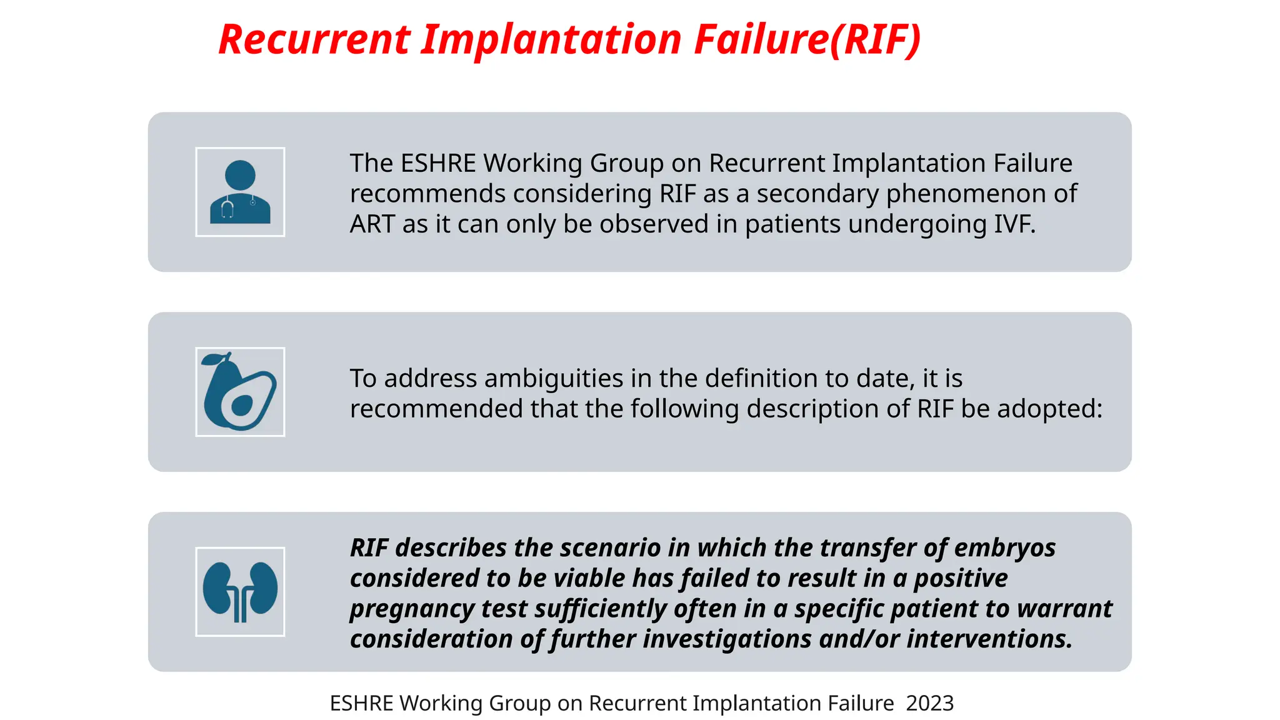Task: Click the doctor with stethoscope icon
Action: click(x=240, y=192)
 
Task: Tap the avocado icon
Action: click(x=240, y=392)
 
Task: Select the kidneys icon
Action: click(x=240, y=592)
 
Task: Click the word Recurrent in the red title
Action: click(x=314, y=39)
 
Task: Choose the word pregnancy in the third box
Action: click(x=411, y=609)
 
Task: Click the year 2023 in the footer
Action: click(x=929, y=704)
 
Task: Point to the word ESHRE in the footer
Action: click(x=361, y=704)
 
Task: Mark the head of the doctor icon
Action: click(x=240, y=175)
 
